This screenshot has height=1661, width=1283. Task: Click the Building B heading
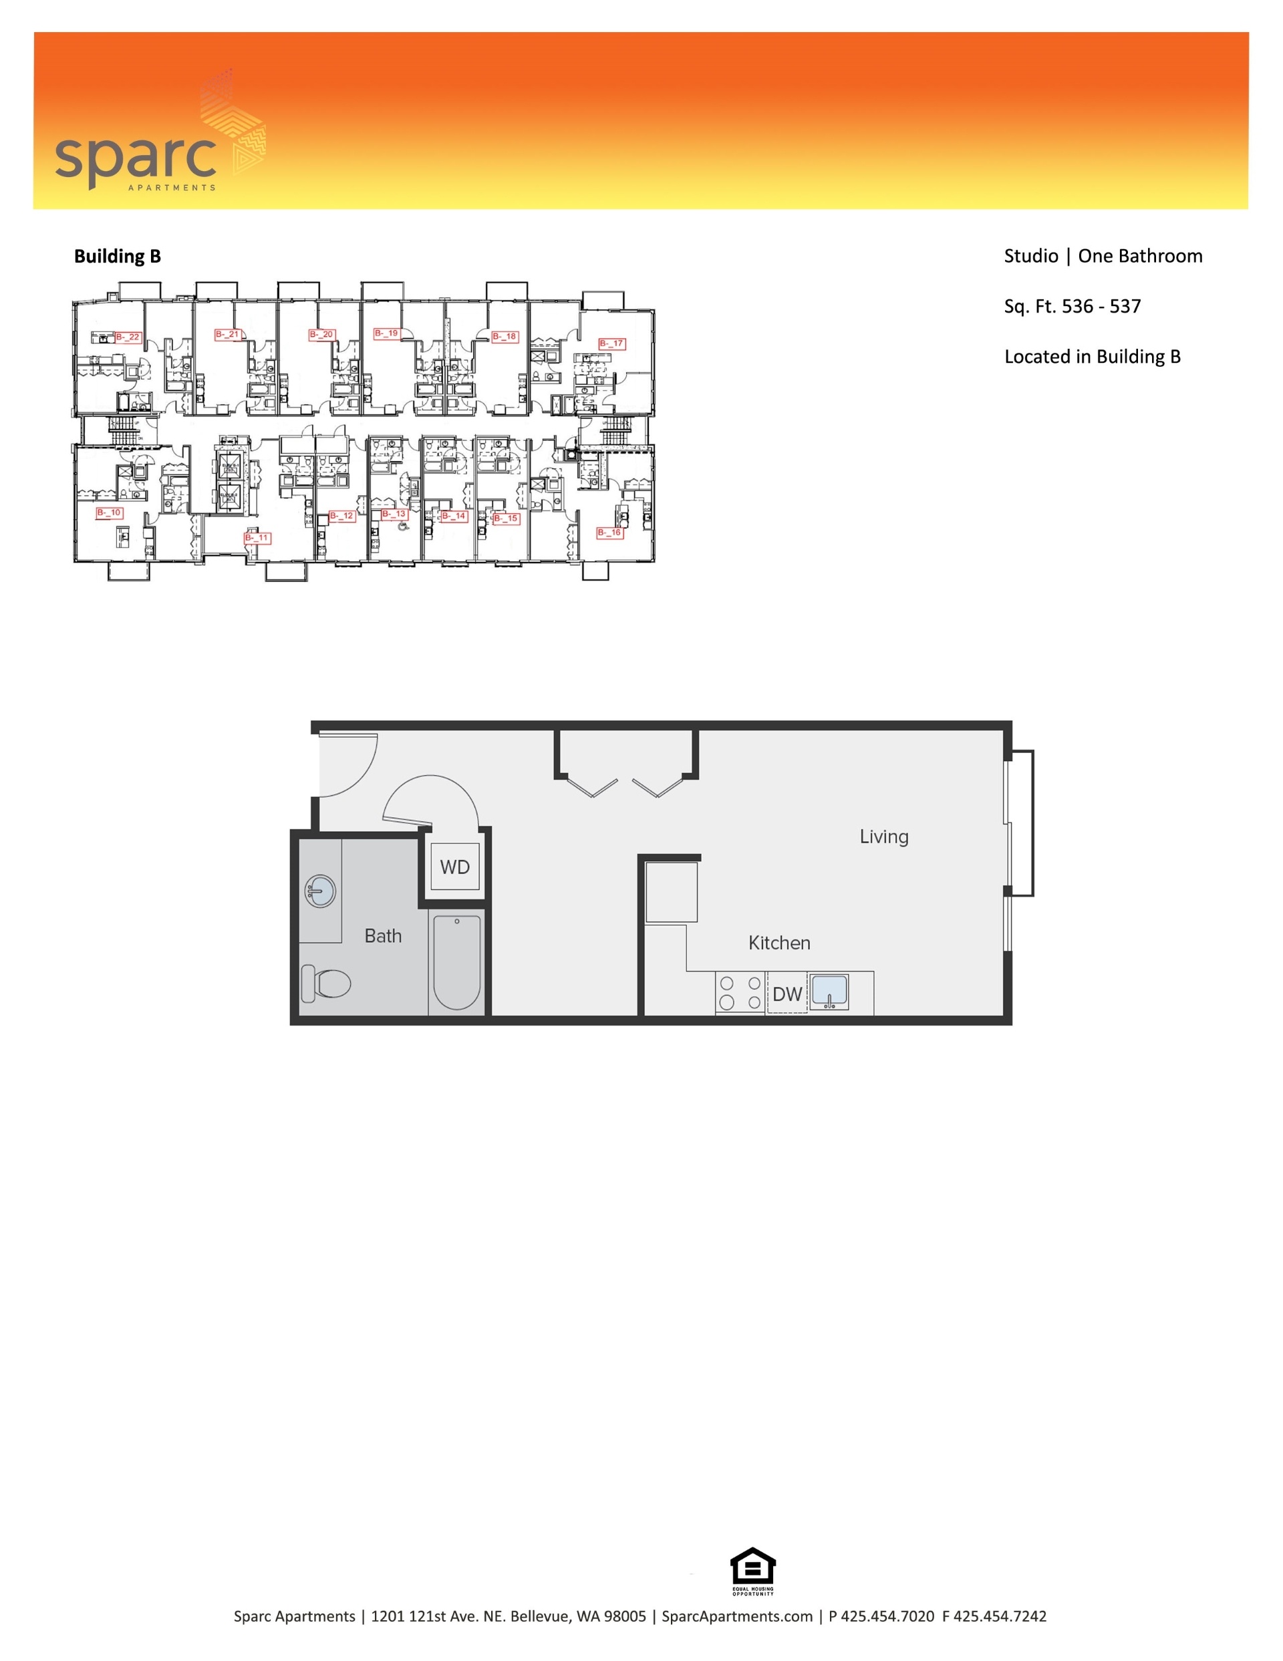117,257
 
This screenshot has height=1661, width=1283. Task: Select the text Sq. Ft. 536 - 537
1072,307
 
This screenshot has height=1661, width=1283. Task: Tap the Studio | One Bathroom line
1103,257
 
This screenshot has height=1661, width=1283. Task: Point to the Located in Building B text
1092,357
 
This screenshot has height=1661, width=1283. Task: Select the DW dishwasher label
787,994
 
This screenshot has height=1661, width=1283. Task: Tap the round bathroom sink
321,891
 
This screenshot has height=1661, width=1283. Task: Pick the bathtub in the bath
457,962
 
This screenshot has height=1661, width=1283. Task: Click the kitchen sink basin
829,992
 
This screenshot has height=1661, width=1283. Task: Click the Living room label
883,837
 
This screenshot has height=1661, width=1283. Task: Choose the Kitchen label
778,943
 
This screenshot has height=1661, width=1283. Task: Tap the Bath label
382,936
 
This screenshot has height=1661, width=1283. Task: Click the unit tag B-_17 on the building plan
611,344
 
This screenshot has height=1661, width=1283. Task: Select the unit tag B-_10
110,513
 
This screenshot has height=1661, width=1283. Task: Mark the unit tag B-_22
128,337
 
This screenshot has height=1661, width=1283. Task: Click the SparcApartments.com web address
736,1617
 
